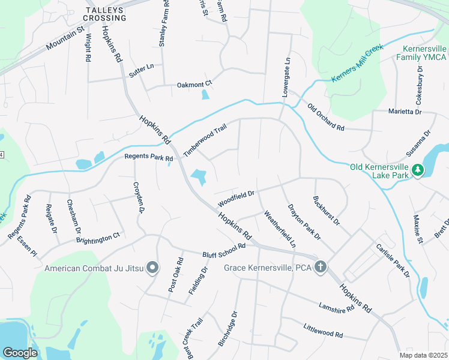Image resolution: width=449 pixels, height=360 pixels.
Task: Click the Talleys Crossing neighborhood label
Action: [x=106, y=14]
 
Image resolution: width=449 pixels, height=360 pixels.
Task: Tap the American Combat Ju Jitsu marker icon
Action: [x=152, y=268]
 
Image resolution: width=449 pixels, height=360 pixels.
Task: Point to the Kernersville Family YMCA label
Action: [x=421, y=52]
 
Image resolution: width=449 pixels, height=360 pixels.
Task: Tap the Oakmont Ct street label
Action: [x=194, y=85]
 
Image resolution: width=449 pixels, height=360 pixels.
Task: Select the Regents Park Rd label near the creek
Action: [x=148, y=158]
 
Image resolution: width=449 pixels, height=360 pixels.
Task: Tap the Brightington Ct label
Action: [x=98, y=239]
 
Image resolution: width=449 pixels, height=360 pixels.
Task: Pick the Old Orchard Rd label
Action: [x=325, y=118]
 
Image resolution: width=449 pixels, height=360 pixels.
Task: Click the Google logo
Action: [x=20, y=353]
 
